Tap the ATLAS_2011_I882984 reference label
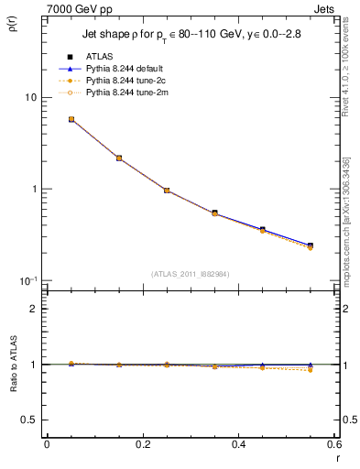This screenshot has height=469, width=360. (189, 273)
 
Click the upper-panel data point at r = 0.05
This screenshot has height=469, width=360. (71, 119)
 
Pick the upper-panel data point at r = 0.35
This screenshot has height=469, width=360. (214, 213)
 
